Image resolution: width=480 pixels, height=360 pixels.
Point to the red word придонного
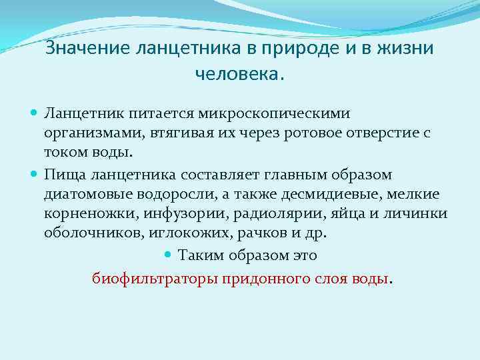click(x=266, y=278)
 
